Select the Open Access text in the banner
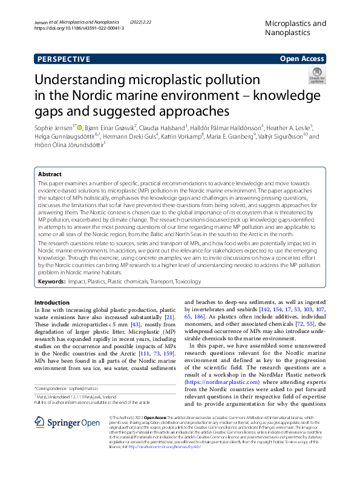click(303, 59)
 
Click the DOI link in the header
click(79, 28)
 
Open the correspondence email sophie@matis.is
click(90, 388)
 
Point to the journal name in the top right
click(296, 28)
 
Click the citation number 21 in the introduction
click(170, 317)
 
